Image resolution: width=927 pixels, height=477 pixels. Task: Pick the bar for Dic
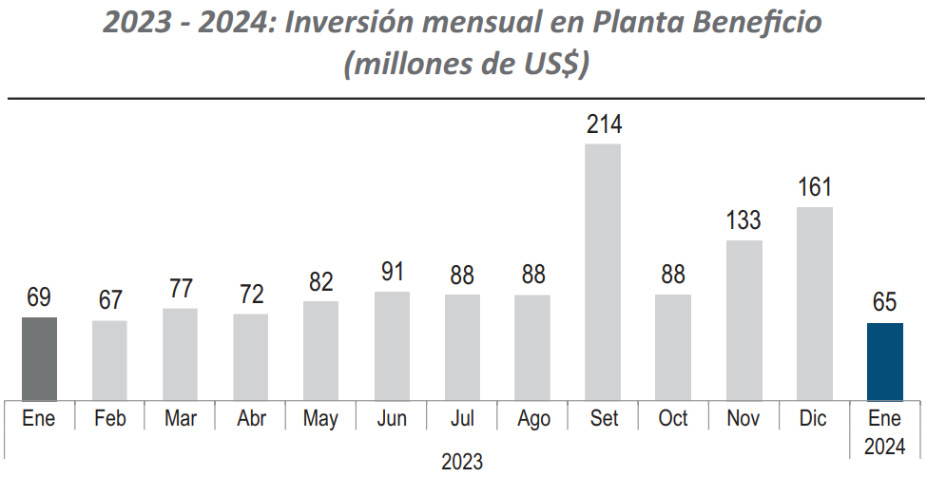point(814,303)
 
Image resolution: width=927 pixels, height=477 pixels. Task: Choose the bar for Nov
point(744,320)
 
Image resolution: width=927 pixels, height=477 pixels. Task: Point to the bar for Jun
point(392,346)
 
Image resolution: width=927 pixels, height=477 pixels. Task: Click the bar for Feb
point(109,360)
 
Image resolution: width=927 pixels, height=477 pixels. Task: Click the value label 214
point(604,124)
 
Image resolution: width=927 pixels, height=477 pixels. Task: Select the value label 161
point(814,187)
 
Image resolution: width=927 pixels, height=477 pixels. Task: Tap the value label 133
point(744,220)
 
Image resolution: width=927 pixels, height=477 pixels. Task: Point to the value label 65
point(885,303)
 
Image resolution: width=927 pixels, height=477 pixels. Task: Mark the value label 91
point(392,272)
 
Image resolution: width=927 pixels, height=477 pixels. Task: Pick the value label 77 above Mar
point(181,289)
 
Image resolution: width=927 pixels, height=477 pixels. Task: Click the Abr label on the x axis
point(250,419)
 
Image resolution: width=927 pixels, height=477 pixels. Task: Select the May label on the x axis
point(320,419)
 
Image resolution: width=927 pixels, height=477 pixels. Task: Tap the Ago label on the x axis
point(532,419)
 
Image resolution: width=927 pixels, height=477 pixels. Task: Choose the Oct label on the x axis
point(673,419)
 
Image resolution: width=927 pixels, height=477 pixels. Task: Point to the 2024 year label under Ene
point(885,446)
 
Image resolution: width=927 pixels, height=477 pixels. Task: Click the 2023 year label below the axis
point(462,463)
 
